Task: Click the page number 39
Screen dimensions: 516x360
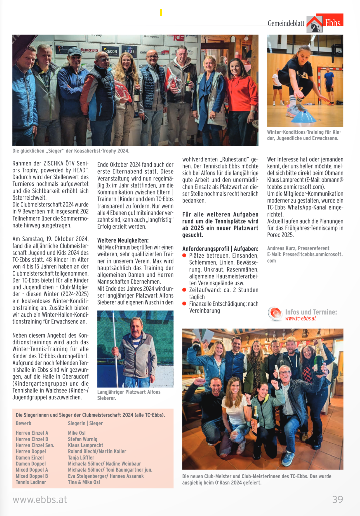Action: point(337,499)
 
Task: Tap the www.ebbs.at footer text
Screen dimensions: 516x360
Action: point(40,499)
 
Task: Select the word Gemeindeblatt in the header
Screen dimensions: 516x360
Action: point(286,23)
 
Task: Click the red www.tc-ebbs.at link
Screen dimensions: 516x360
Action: point(301,318)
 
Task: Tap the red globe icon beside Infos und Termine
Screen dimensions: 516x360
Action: point(275,313)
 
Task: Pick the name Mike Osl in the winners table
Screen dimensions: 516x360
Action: point(77,433)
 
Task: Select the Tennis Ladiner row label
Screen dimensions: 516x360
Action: point(31,482)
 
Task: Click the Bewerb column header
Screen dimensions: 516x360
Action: point(24,423)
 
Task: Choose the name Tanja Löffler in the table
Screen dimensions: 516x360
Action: point(81,458)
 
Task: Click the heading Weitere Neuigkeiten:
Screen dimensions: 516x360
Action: point(123,240)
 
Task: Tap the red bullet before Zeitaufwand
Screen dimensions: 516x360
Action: point(184,290)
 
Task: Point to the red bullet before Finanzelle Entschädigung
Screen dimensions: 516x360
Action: point(184,304)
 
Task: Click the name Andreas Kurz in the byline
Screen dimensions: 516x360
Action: point(282,248)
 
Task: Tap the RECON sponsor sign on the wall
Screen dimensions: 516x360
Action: point(111,51)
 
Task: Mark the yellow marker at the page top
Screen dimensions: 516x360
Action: point(161,12)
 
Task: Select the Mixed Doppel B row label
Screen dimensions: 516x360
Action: point(32,476)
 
